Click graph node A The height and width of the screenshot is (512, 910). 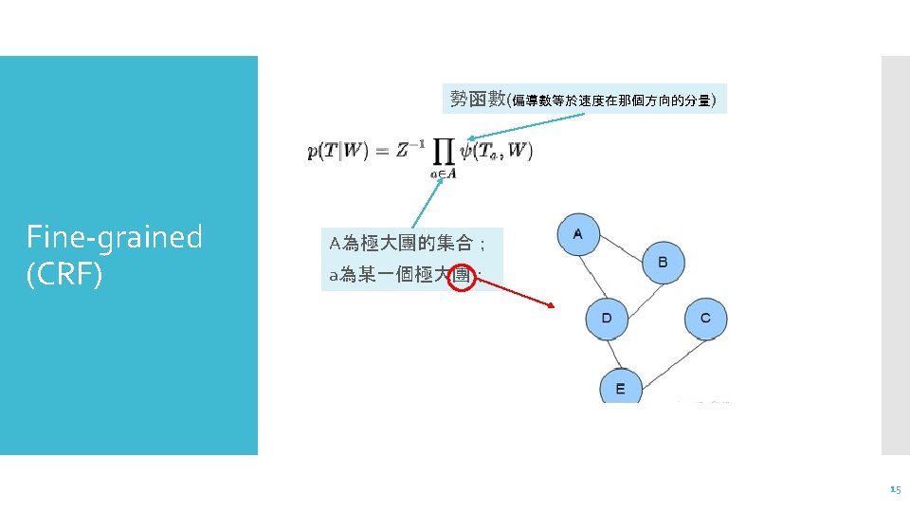point(578,235)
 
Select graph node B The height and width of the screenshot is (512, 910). point(663,262)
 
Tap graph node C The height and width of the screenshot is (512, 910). point(704,318)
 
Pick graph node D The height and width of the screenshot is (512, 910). point(607,318)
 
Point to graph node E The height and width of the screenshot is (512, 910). point(620,388)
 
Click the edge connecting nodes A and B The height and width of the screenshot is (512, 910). point(621,248)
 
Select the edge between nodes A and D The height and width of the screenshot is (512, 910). point(592,276)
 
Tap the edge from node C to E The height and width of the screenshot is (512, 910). point(664,352)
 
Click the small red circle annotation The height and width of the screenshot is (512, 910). point(462,276)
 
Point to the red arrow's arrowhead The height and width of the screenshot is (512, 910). point(551,305)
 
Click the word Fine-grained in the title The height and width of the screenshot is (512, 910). point(114,236)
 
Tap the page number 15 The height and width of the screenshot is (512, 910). point(895,489)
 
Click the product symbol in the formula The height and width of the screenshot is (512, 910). point(442,151)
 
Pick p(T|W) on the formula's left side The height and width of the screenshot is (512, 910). point(338,151)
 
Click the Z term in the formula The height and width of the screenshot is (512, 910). point(405,149)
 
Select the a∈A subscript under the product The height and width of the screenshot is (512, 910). point(443,173)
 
